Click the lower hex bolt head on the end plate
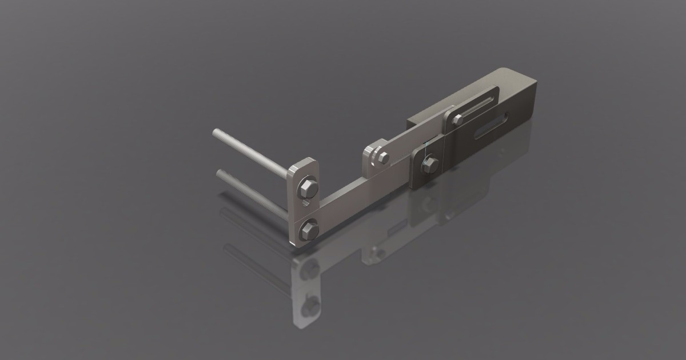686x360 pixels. point(309,230)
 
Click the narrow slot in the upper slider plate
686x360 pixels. point(478,107)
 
